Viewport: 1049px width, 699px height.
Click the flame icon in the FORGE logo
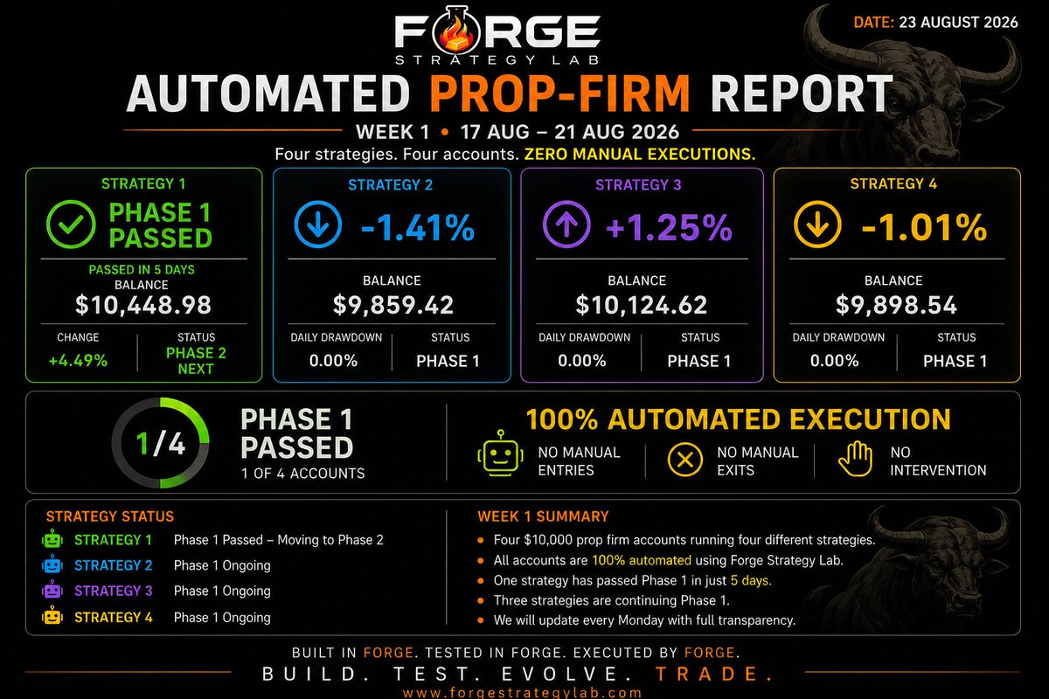coord(456,34)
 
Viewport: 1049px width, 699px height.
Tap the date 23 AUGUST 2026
coord(958,22)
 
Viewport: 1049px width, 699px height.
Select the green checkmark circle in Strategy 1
coord(71,224)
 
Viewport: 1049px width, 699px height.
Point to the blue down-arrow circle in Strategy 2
coord(318,224)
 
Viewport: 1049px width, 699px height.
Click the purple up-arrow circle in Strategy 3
coord(566,224)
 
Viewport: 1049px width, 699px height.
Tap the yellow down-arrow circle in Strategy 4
coord(817,224)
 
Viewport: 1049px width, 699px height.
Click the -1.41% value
coord(418,227)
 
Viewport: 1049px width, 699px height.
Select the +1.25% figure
coord(669,227)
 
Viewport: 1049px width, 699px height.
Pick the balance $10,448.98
coord(143,305)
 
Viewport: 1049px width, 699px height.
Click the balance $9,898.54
coord(896,305)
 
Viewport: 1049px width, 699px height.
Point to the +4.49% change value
coord(78,361)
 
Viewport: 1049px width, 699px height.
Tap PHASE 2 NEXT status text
coord(196,361)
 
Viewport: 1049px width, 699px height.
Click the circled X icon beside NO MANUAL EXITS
coord(684,460)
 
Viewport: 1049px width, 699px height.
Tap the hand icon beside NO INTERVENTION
coord(855,459)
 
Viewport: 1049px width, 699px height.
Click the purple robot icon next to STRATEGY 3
coord(52,590)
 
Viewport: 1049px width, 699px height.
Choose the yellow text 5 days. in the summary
coord(751,580)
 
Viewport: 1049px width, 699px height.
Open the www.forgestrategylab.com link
coord(522,692)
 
